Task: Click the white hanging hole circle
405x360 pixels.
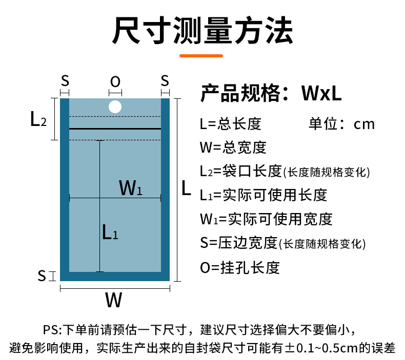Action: (115, 107)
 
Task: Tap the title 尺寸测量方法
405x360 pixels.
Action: (202, 32)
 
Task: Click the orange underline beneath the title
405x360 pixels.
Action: (203, 56)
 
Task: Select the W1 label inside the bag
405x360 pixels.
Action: (130, 188)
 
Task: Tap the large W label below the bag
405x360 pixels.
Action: (114, 300)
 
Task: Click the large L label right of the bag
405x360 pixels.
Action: (187, 189)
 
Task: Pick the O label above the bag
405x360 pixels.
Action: (115, 81)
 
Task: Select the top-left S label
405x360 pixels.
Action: (65, 80)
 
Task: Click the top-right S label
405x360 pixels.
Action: (165, 80)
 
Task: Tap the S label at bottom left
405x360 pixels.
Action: (42, 276)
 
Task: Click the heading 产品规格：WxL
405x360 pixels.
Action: (271, 93)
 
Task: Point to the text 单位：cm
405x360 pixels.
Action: (342, 124)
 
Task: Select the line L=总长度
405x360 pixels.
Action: (231, 124)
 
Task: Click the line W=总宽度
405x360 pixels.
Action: (233, 147)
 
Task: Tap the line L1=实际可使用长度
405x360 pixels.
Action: (264, 195)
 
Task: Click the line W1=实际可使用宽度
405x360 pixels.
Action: (267, 219)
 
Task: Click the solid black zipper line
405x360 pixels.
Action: (115, 128)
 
